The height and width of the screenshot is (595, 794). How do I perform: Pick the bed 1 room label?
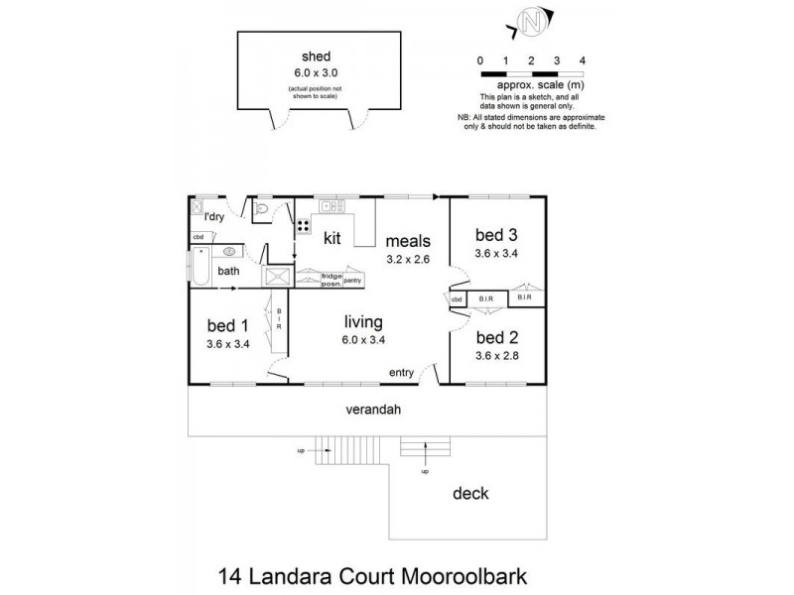click(x=227, y=325)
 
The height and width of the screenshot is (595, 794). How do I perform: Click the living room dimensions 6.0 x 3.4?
click(x=364, y=340)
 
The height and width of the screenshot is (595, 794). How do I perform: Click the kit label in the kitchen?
click(x=333, y=238)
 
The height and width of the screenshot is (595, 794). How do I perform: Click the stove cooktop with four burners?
click(x=302, y=223)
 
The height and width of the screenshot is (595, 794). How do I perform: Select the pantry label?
click(x=352, y=281)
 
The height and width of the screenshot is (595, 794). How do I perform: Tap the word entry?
click(x=401, y=374)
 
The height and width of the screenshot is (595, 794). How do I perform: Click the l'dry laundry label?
click(x=212, y=217)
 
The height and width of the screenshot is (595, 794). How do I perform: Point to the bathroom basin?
click(x=229, y=252)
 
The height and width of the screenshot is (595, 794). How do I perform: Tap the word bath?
click(x=228, y=270)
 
